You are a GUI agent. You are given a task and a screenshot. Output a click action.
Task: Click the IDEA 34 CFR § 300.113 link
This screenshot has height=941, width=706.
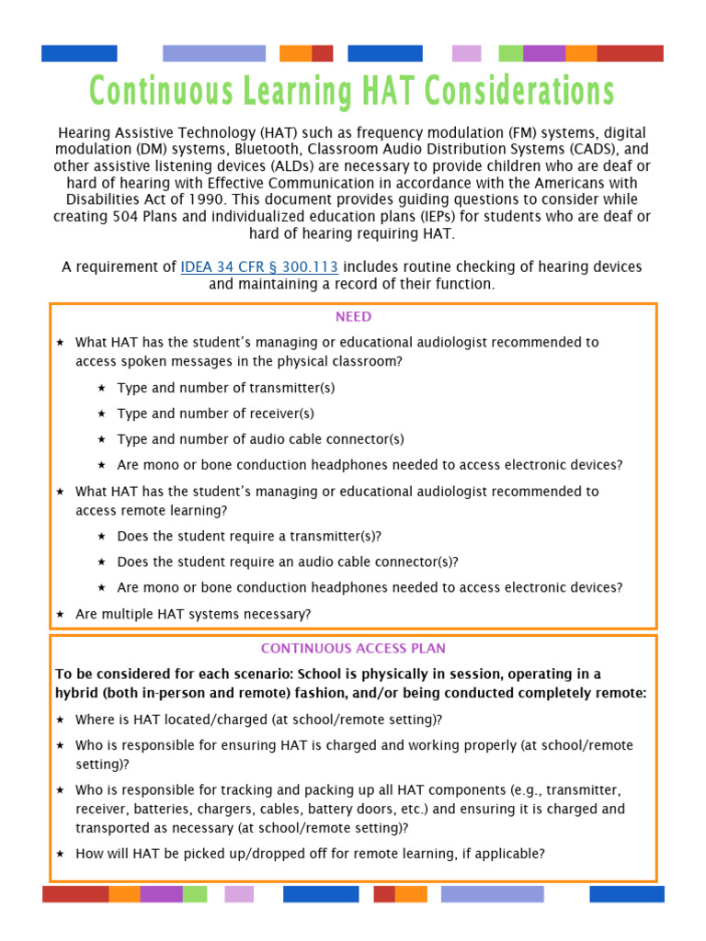pyautogui.click(x=259, y=266)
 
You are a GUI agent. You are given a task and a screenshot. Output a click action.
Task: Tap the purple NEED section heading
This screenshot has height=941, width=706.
pyautogui.click(x=353, y=317)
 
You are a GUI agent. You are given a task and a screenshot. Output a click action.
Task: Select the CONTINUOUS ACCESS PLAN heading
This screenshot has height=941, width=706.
pyautogui.click(x=353, y=649)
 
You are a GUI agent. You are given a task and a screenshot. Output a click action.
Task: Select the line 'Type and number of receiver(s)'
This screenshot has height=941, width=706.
pyautogui.click(x=215, y=414)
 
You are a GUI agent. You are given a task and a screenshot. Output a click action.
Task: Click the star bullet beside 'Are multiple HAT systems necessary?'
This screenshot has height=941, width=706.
pyautogui.click(x=61, y=614)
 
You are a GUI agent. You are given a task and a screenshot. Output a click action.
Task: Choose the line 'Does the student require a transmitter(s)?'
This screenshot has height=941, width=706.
pyautogui.click(x=248, y=536)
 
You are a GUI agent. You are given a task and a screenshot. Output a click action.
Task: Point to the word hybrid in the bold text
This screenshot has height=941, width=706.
pyautogui.click(x=77, y=693)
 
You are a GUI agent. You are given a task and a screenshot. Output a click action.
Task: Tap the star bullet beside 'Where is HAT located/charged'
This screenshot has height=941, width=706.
pyautogui.click(x=61, y=720)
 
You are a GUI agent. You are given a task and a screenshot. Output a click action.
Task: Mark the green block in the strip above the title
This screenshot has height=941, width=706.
pyautogui.click(x=510, y=53)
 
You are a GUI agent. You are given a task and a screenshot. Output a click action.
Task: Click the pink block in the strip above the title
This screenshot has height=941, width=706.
pyautogui.click(x=466, y=53)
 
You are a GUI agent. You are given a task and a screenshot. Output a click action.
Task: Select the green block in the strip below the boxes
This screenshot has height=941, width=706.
pyautogui.click(x=195, y=894)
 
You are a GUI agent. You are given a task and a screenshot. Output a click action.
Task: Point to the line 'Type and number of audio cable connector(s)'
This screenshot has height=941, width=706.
pyautogui.click(x=260, y=439)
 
